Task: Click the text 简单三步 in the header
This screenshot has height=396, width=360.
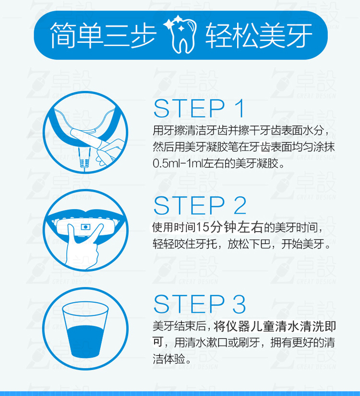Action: [103, 36]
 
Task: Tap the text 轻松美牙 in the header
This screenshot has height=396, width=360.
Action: [259, 36]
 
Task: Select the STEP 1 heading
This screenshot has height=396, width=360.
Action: [199, 108]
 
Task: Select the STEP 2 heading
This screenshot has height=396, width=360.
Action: [200, 206]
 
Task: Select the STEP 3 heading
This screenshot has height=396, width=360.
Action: [200, 304]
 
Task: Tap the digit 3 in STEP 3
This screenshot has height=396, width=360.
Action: [239, 304]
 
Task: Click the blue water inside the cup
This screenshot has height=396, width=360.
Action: [85, 341]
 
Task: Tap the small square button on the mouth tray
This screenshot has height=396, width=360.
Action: [85, 227]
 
